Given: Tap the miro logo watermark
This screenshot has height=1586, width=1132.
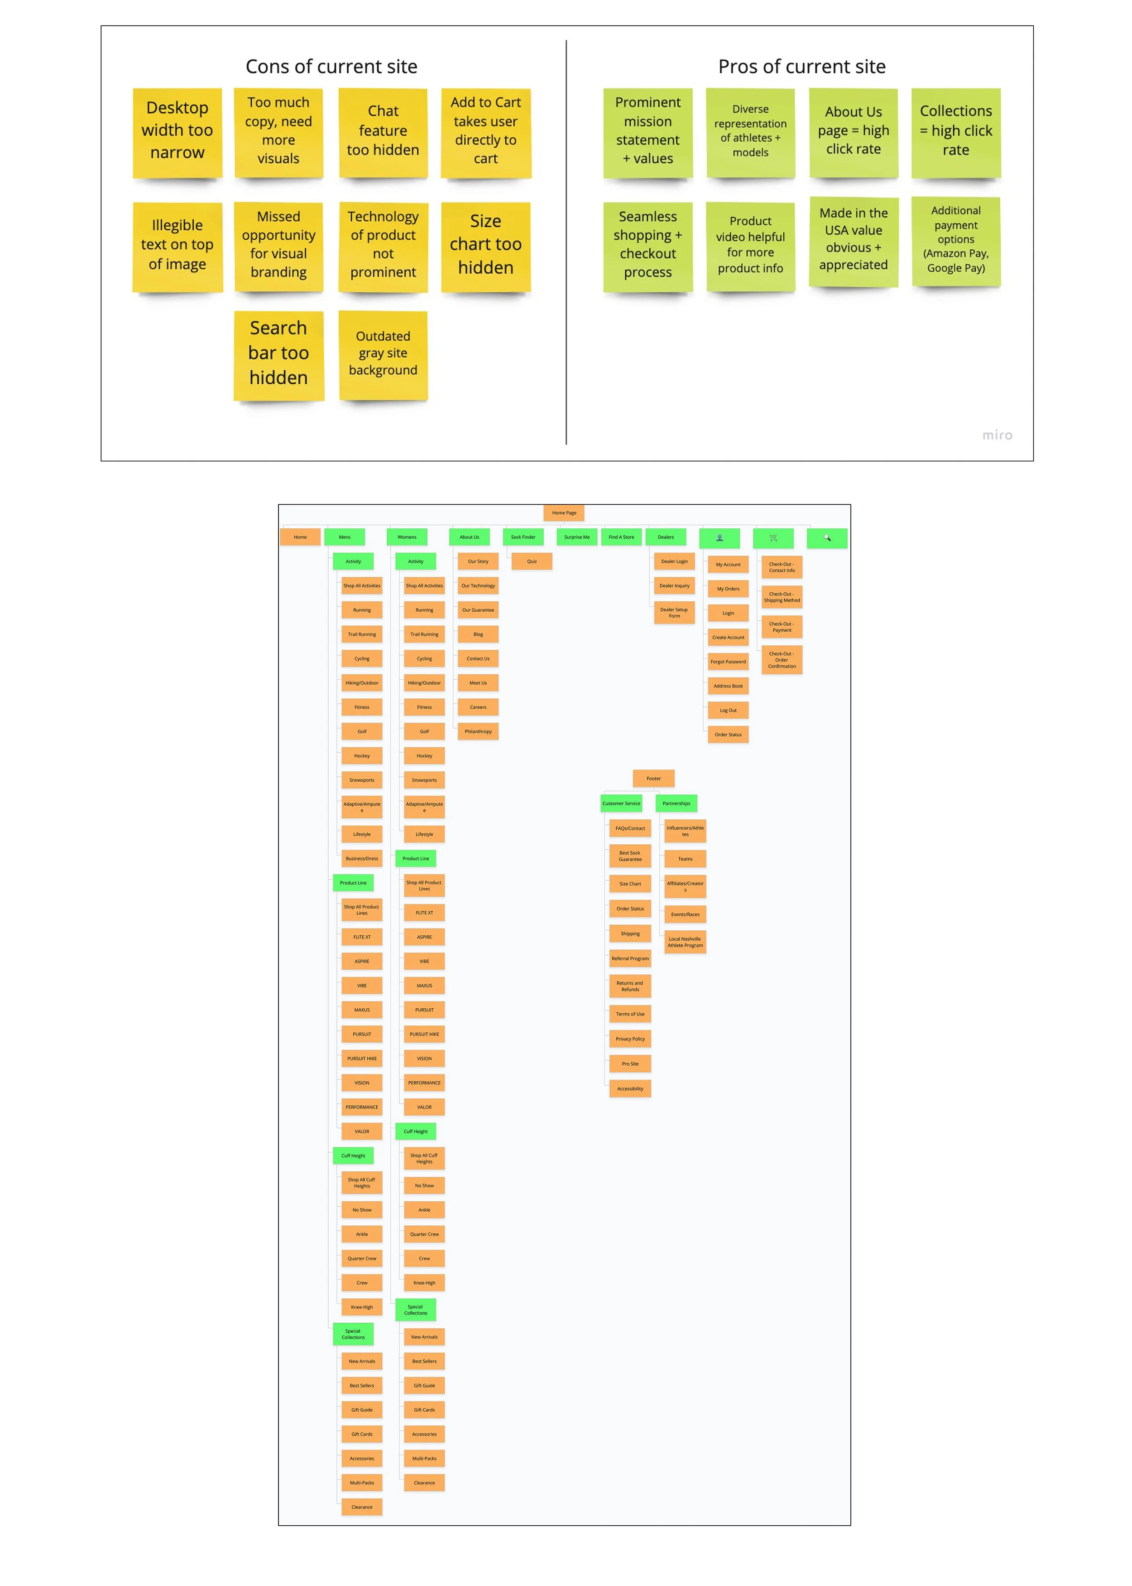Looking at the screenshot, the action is (997, 435).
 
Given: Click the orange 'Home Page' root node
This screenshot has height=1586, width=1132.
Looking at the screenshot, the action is (564, 513).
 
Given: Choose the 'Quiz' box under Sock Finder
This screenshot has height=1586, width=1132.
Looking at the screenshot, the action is (532, 561).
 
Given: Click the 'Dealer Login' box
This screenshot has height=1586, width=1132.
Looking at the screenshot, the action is (674, 561).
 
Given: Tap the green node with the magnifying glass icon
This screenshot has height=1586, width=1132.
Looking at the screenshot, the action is (827, 538).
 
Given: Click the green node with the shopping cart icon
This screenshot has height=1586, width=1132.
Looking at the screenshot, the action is (773, 538).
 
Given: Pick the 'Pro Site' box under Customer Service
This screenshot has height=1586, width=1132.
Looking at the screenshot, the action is (630, 1064).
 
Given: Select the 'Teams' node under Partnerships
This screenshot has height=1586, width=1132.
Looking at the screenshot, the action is (685, 859).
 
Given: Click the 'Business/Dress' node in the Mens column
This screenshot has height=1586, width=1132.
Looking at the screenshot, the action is (362, 859).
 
